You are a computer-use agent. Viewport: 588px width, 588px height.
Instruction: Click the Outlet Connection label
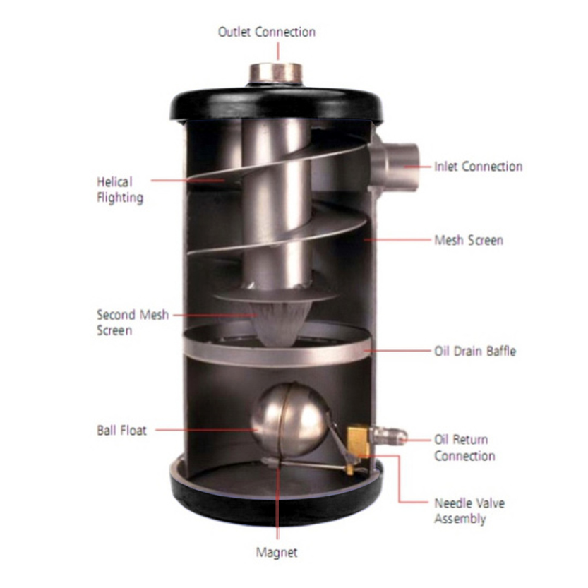(267, 32)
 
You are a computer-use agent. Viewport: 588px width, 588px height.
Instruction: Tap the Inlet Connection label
(478, 167)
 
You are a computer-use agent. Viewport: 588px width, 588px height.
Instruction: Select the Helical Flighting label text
(120, 190)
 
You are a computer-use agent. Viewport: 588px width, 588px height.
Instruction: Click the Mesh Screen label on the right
(469, 240)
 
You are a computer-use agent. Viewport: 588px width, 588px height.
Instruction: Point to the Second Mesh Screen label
(133, 323)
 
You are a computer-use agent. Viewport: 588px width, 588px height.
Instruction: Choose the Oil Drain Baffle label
(475, 351)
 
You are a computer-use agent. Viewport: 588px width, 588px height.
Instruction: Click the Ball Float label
(121, 430)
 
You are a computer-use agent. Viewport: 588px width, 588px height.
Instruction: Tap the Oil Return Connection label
(464, 448)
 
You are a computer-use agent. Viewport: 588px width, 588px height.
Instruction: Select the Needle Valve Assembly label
(469, 511)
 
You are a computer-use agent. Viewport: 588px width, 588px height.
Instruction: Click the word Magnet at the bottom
(277, 553)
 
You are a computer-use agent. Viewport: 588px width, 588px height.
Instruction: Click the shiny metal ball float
(289, 420)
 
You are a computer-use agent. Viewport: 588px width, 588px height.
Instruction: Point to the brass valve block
(359, 440)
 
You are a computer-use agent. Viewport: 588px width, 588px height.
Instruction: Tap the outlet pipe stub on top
(276, 74)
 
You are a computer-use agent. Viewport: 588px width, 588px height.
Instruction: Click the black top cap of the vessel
(277, 105)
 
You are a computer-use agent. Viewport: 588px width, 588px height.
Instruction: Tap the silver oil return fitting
(388, 436)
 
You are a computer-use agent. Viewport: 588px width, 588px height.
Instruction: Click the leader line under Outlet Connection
(278, 51)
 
